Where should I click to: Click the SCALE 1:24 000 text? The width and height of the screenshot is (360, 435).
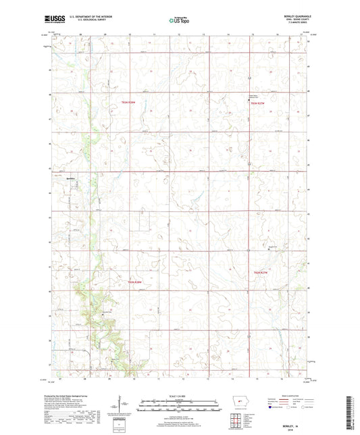pyautogui.click(x=179, y=395)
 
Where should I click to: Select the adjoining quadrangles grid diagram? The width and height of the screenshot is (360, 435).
pyautogui.click(x=236, y=424)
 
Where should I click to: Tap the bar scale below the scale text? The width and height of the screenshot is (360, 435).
pyautogui.click(x=179, y=407)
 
